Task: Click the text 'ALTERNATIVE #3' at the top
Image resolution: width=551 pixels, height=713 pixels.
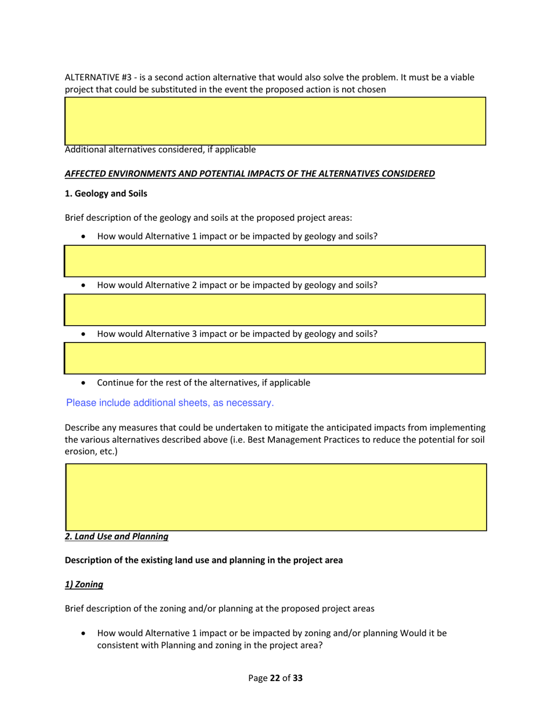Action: (96, 78)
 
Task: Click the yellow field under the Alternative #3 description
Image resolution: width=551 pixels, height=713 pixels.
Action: (275, 120)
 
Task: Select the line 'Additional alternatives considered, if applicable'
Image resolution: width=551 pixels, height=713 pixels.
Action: (159, 150)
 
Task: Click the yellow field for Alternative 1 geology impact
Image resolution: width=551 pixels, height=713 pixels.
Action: (275, 260)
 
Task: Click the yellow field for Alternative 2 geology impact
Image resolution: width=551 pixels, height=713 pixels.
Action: (275, 310)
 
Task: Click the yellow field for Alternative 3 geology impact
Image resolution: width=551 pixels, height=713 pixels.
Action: (275, 358)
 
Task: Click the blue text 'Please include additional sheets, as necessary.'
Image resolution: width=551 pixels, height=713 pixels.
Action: (170, 402)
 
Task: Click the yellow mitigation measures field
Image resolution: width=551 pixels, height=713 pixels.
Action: (275, 496)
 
